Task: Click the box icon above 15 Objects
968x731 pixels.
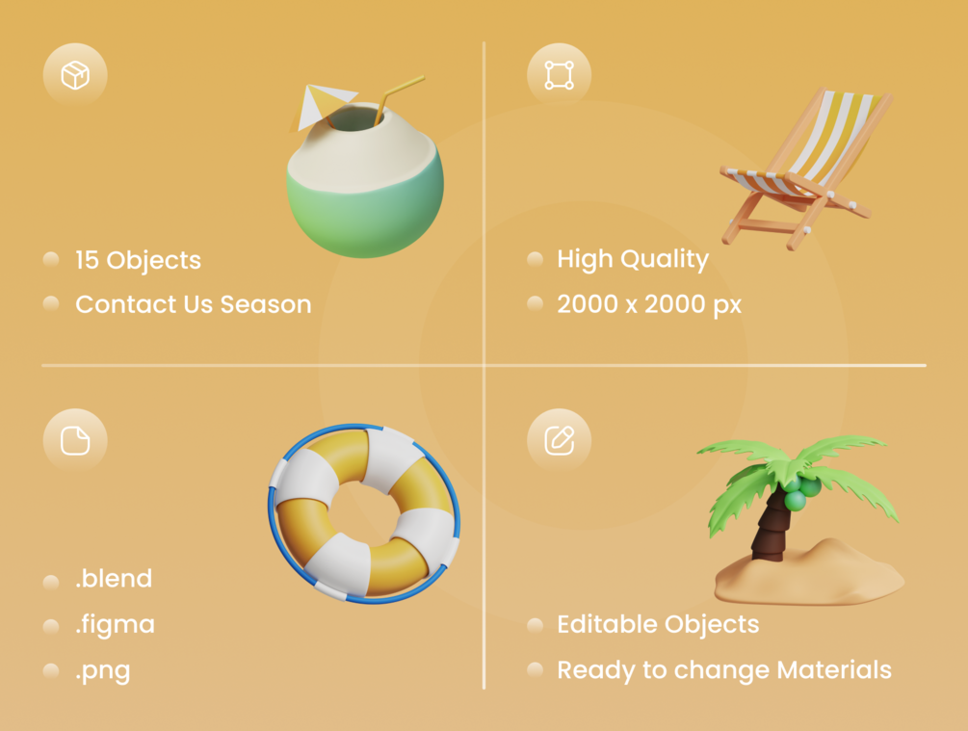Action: point(75,75)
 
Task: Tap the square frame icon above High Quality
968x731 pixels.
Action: point(560,75)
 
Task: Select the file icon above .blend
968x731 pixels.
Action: point(75,440)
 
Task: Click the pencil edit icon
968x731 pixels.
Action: point(560,440)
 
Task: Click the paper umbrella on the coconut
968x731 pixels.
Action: point(323,106)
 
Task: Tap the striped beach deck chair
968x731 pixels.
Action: point(805,169)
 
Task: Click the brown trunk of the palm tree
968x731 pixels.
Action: point(771,527)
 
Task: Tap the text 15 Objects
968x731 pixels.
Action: point(139,261)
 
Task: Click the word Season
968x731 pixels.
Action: point(266,304)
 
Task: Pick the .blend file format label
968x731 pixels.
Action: point(114,579)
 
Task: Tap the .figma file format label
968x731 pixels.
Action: point(115,625)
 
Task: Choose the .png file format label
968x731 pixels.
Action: point(102,671)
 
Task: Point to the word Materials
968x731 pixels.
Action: point(835,670)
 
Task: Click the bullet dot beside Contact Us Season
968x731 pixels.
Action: point(51,303)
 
